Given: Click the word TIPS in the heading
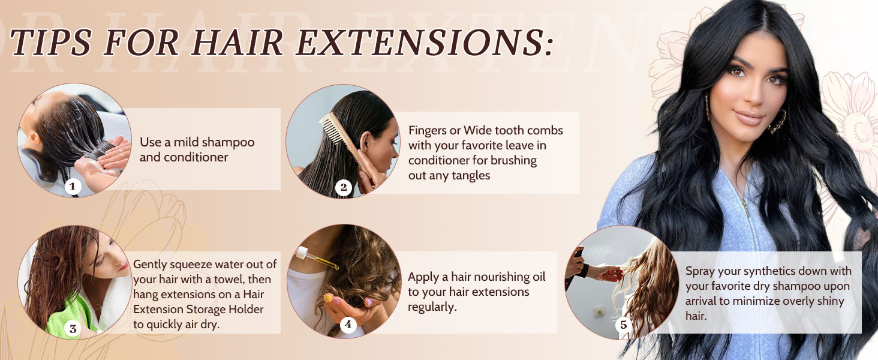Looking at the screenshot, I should [x=50, y=44].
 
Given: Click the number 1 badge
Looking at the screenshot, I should [x=73, y=187].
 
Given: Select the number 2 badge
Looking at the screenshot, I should [x=344, y=188].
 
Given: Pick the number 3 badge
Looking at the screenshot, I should [x=73, y=328].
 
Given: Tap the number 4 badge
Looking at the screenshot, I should [x=348, y=325].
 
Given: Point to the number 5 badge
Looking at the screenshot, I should [x=623, y=325].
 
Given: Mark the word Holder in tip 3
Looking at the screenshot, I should [x=244, y=309].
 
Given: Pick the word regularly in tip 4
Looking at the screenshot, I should [x=432, y=307].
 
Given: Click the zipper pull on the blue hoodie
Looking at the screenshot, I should [x=746, y=210].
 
